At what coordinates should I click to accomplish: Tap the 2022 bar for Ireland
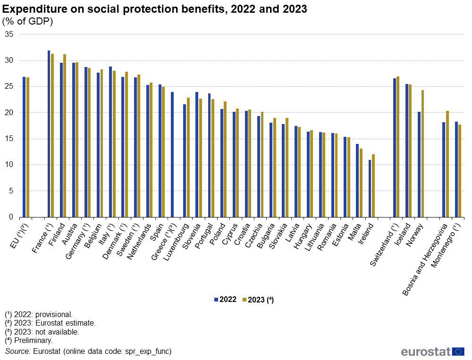point(370,188)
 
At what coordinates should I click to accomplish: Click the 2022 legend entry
point(226,300)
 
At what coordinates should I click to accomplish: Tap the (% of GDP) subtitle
point(28,21)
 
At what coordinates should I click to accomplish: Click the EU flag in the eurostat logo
point(458,351)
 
